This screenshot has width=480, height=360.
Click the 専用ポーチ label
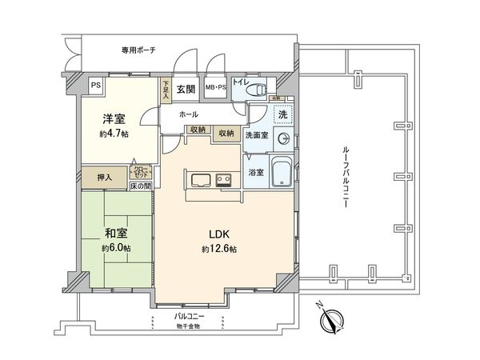(x=138, y=50)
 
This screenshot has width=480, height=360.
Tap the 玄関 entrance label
(x=186, y=89)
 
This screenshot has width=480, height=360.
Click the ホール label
(x=189, y=114)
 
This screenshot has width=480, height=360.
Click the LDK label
(x=220, y=234)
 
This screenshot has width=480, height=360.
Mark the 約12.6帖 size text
(x=220, y=250)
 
